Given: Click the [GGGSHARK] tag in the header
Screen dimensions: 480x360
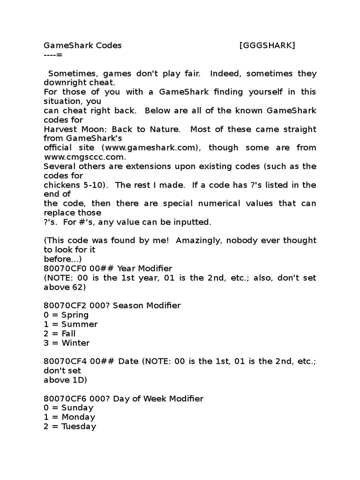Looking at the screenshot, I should [267, 45].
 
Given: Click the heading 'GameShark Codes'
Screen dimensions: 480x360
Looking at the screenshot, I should [82, 45].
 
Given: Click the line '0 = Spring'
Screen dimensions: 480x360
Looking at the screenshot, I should [66, 315].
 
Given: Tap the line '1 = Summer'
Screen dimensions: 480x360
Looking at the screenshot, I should [71, 324].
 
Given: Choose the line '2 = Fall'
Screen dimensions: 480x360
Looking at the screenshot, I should [60, 334].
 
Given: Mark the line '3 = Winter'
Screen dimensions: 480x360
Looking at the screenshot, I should [67, 343].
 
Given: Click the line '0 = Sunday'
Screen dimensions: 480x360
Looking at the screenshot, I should [68, 408].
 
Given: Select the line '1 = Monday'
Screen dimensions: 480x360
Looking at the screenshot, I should [69, 417].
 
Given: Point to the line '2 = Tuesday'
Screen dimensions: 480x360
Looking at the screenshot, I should [70, 427].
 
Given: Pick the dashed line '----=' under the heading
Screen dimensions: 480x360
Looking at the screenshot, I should [52, 55].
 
